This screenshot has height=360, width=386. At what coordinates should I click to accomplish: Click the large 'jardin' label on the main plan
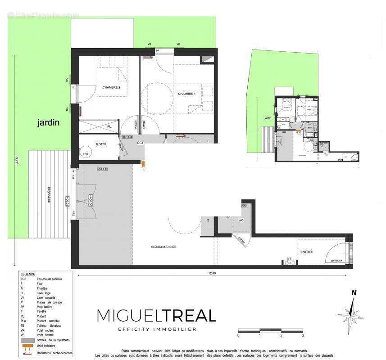coord(49,122)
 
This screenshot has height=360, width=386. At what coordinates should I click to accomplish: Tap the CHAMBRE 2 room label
coord(111,87)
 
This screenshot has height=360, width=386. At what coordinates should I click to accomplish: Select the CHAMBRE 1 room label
coord(187,94)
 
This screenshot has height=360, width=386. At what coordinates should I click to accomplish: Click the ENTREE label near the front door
coord(306,252)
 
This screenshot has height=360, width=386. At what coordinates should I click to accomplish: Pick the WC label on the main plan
coord(241,220)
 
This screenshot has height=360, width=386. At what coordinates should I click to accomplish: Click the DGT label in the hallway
coord(140,143)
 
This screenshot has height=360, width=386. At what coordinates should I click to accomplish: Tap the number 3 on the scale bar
coord(303,335)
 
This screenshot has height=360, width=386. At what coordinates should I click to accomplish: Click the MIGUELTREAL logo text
coord(157,316)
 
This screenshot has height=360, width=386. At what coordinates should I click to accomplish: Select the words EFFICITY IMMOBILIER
coord(157,329)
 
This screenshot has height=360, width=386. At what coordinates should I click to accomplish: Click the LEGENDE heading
coord(28,274)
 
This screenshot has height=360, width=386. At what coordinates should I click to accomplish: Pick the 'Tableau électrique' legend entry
coord(49,325)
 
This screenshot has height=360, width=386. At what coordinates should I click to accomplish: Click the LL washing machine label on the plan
coord(207,141)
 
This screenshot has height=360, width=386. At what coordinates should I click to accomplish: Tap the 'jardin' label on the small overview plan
coord(268,118)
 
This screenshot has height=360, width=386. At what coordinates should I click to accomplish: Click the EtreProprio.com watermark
coord(43,15)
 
